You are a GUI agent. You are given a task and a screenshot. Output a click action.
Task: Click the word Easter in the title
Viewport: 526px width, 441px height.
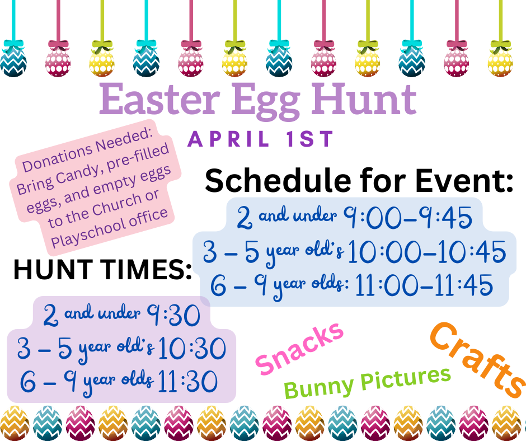(159, 99)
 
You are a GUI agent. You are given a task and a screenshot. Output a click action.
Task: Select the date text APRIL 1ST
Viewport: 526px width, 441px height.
(260, 139)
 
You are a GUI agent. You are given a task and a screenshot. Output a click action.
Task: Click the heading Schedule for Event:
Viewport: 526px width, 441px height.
(359, 181)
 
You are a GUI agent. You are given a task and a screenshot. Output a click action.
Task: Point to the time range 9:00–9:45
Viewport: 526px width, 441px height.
(407, 217)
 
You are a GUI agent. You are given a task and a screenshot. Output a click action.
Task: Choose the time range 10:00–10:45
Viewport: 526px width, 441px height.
(427, 251)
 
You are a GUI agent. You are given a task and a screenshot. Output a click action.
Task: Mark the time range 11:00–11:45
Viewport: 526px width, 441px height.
(424, 285)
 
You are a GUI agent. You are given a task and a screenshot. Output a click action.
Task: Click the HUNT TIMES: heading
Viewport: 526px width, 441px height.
(102, 270)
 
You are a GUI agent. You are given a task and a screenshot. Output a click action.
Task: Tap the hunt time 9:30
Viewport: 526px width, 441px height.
(173, 315)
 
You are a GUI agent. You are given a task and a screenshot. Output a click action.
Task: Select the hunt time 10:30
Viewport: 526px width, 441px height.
(192, 348)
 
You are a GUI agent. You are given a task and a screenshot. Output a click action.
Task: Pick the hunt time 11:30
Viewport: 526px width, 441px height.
(187, 381)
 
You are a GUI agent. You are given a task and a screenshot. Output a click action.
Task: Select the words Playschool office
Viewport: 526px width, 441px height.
(109, 228)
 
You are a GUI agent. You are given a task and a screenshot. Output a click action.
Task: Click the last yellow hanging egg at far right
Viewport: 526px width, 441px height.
(500, 59)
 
